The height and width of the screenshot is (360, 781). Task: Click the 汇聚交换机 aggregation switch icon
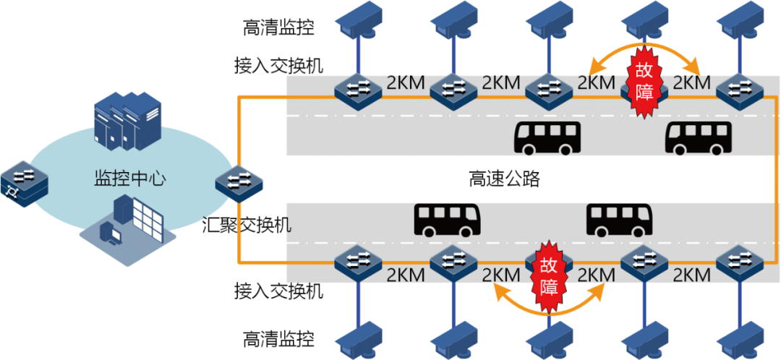(239, 182)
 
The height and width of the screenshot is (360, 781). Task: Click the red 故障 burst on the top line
(643, 80)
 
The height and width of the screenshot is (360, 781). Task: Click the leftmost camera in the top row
(359, 20)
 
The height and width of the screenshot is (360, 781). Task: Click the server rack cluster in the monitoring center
(127, 123)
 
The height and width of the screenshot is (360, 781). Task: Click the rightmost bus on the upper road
(698, 138)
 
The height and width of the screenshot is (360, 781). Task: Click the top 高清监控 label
(278, 27)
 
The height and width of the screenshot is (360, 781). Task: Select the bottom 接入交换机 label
(278, 292)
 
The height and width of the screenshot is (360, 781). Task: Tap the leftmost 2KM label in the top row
(406, 82)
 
